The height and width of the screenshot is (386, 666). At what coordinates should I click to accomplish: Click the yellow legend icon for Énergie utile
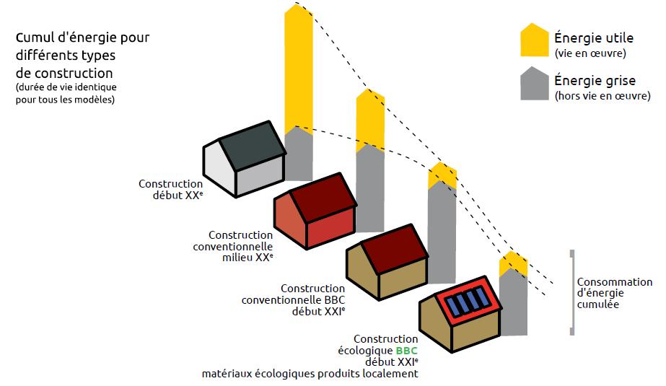point(534,42)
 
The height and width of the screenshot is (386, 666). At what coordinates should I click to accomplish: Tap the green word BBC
point(406,351)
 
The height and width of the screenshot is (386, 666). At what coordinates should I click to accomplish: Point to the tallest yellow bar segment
point(299,69)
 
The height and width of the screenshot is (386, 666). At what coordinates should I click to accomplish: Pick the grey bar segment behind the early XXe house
point(299,155)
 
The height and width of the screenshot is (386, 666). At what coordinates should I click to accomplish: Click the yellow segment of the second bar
point(370,119)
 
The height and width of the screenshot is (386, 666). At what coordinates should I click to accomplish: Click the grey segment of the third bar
point(442,231)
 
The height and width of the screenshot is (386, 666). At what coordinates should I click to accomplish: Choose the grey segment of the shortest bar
point(513,303)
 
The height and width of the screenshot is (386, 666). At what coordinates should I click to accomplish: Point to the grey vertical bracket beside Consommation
point(572,292)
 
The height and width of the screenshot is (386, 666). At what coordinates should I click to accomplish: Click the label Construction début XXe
point(171,190)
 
